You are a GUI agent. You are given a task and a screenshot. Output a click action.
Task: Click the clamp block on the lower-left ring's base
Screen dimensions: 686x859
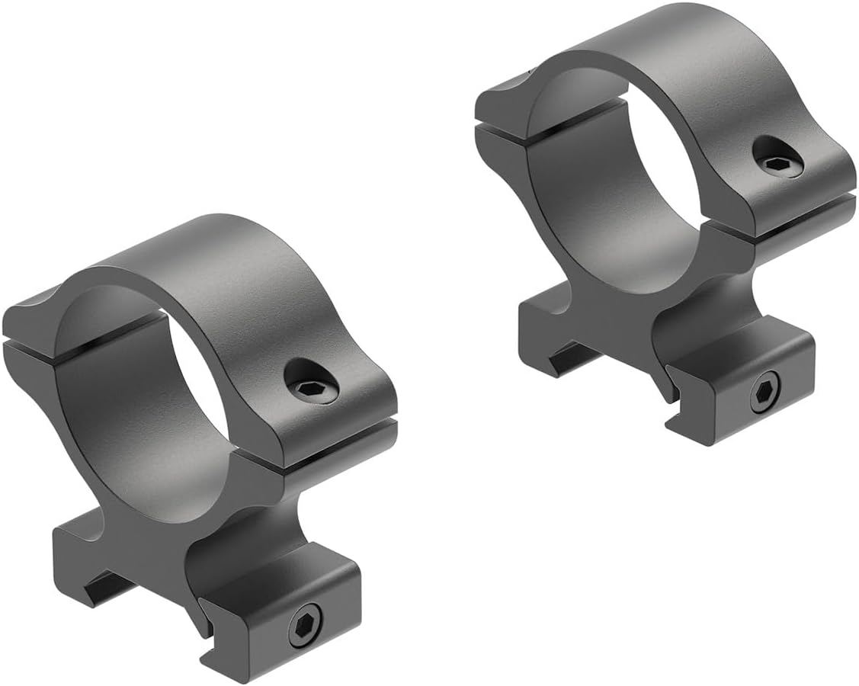[282, 610]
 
